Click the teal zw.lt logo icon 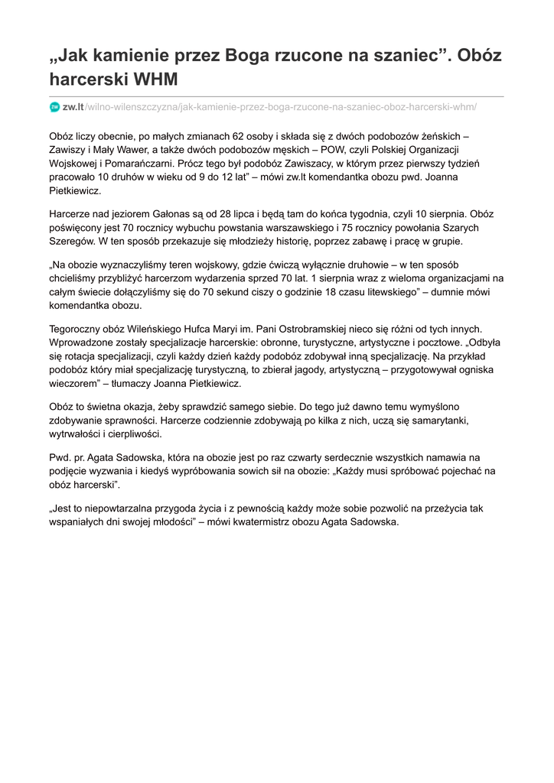click(54, 107)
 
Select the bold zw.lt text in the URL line click(73, 107)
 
